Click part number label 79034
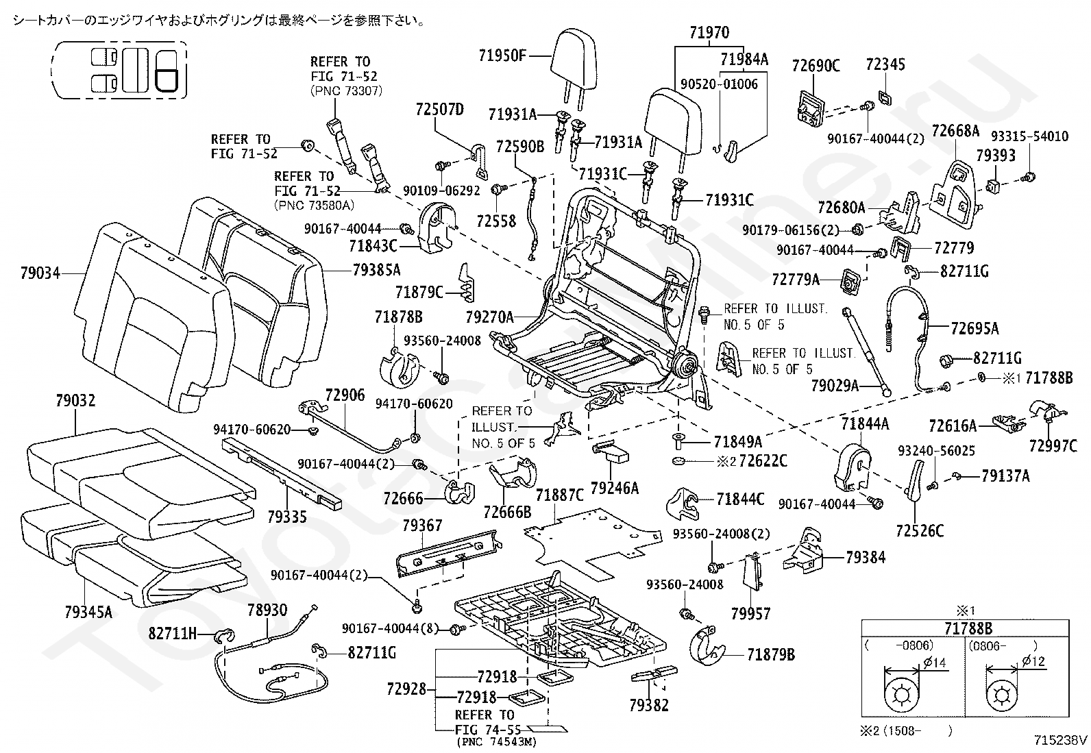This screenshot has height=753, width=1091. (x=40, y=273)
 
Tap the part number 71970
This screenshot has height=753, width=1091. (x=710, y=33)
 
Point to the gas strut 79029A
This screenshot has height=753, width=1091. (x=866, y=351)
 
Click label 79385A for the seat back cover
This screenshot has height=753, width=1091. (x=376, y=271)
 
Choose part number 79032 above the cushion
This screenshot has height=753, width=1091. (x=75, y=401)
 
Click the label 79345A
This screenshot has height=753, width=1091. (x=88, y=612)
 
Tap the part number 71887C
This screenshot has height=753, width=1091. (x=560, y=495)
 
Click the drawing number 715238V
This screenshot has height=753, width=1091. (x=1061, y=741)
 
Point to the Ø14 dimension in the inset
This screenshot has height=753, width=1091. (x=934, y=663)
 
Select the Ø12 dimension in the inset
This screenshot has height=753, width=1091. (x=1033, y=661)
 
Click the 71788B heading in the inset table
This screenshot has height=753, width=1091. (x=968, y=629)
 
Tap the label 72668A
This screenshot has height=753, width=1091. (x=955, y=131)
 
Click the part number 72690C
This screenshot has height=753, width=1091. (x=816, y=66)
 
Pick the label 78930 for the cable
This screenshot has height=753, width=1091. (x=267, y=610)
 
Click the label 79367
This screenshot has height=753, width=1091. (x=422, y=526)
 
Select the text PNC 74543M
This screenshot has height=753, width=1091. (x=497, y=742)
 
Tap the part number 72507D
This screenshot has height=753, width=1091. (x=440, y=110)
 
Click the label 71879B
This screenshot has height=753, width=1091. (x=771, y=655)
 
